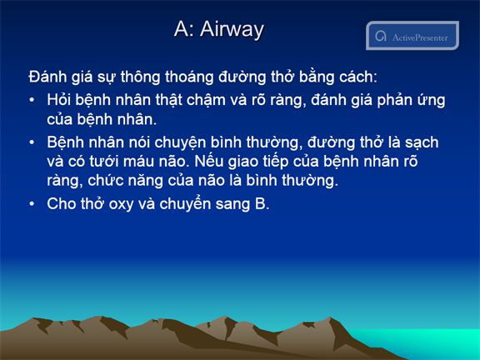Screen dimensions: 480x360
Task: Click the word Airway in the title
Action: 232,30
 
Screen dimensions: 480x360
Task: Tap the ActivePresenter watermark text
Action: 420,37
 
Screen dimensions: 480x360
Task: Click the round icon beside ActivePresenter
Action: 381,36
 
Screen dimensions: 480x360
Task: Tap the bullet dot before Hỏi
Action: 32,100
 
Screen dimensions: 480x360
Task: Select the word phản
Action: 393,100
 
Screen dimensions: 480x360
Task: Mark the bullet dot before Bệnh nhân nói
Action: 32,142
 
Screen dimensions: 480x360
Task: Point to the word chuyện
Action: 180,143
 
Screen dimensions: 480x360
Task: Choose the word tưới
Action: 104,162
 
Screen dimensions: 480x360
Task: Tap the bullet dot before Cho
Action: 32,204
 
